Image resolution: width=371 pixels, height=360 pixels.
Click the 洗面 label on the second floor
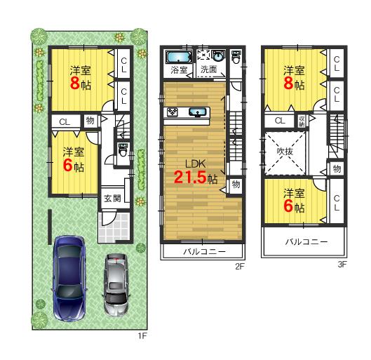coord(208,69)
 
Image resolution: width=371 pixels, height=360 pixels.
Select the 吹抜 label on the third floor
coord(284,149)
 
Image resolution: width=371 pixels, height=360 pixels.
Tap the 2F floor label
coord(239,267)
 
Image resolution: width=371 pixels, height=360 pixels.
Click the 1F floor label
coord(141,336)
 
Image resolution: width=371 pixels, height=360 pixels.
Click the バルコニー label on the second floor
coord(203,251)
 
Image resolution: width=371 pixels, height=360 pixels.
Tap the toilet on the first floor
coord(123,149)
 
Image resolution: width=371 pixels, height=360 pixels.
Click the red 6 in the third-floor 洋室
coord(290,207)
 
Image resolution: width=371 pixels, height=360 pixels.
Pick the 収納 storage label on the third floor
coord(302,120)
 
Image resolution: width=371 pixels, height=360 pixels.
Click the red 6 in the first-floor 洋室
coord(68,166)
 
